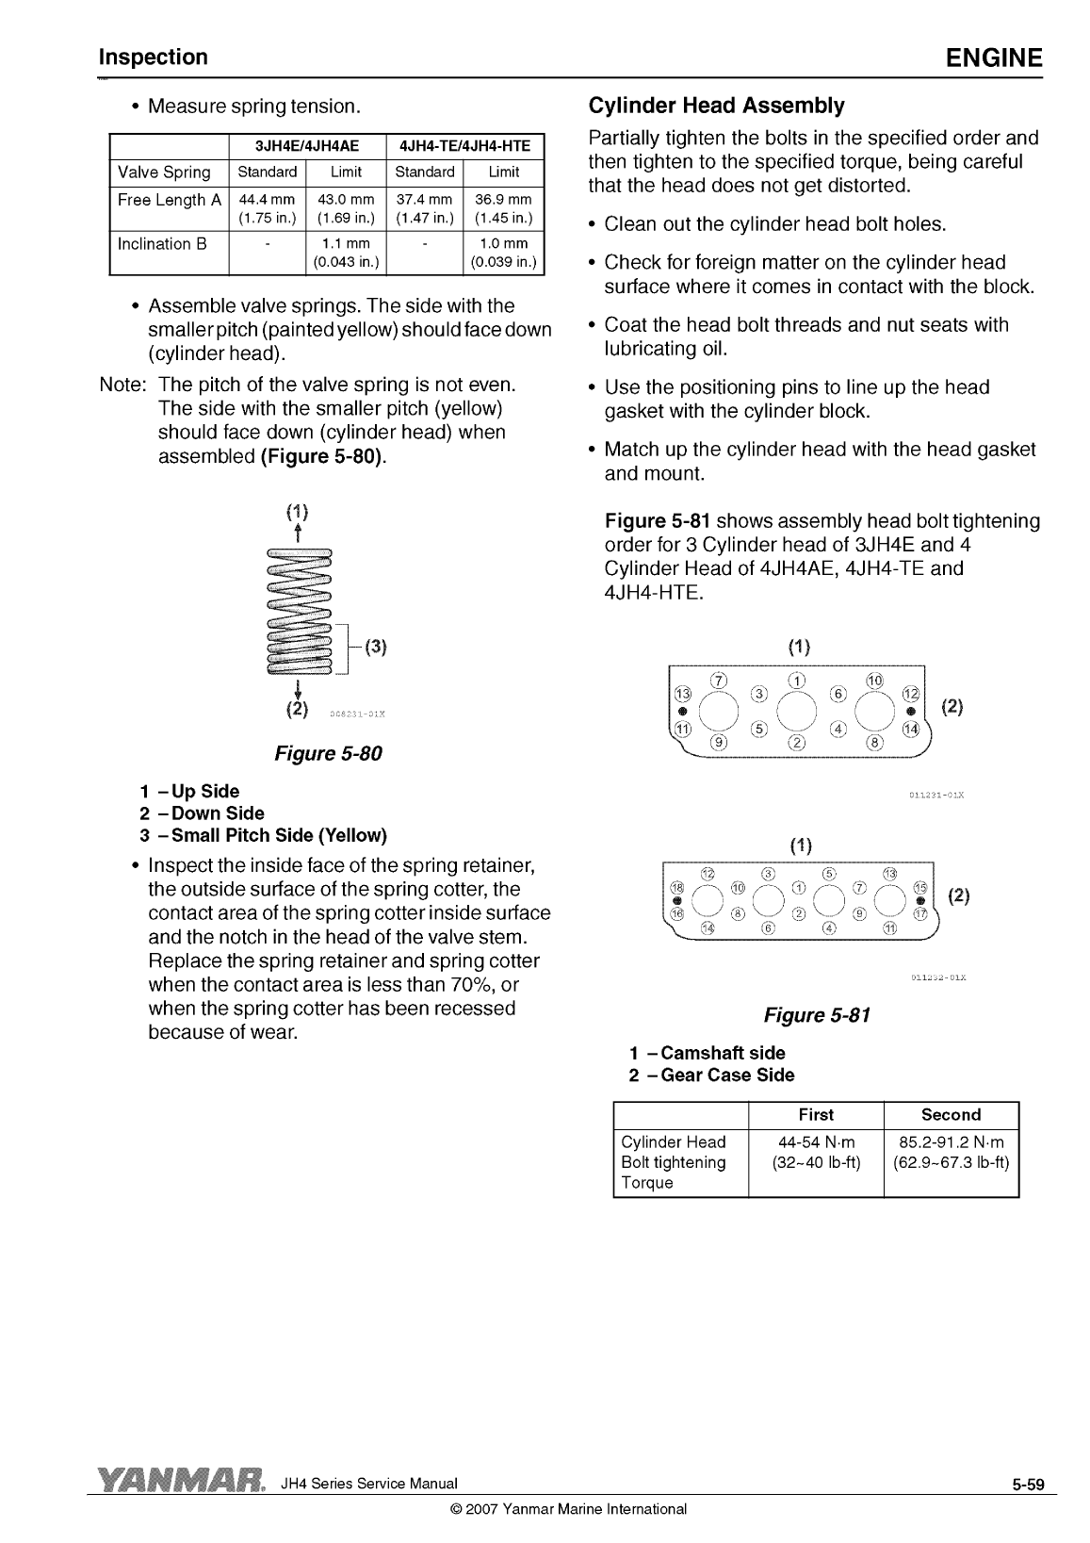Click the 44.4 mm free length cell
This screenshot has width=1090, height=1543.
click(267, 208)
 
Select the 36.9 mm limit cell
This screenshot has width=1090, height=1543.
click(504, 208)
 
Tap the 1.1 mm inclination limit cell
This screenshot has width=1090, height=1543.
click(346, 252)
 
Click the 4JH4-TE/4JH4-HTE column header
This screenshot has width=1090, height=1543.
click(465, 145)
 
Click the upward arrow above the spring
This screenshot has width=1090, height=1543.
click(298, 533)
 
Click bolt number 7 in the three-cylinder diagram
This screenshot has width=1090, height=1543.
click(720, 681)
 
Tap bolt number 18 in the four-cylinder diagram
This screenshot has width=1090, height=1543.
click(675, 888)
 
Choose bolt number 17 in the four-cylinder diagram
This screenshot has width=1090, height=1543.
click(920, 913)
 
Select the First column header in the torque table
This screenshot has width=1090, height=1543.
click(815, 1114)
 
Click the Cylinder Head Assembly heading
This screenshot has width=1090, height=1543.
click(716, 105)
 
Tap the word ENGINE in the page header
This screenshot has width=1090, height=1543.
click(994, 58)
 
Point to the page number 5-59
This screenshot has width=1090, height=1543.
click(1029, 1486)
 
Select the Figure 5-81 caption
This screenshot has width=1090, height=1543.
click(817, 1015)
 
